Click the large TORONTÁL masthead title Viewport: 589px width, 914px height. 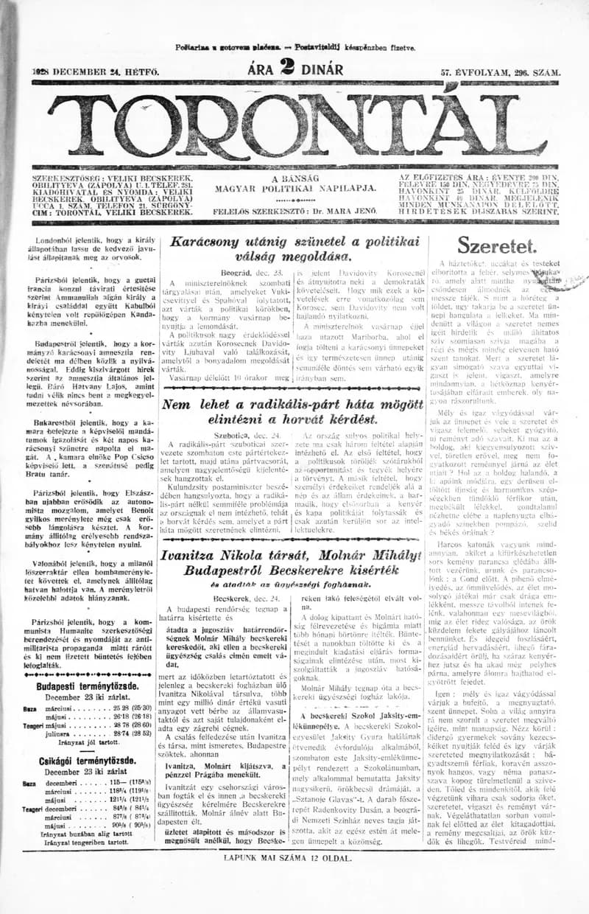point(294,121)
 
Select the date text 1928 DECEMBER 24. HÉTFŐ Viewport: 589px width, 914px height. point(85,72)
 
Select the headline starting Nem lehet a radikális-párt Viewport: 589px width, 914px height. point(294,411)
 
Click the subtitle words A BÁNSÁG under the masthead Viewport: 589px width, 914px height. point(295,179)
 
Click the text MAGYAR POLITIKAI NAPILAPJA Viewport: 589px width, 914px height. point(295,189)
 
